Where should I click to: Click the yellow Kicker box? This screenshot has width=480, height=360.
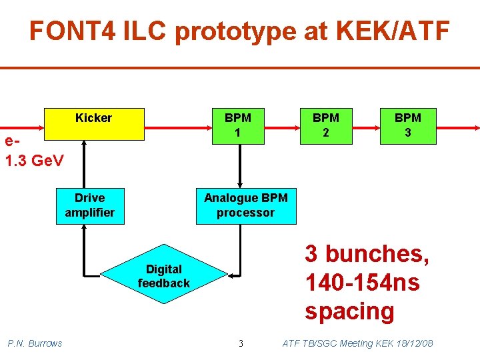point(94,123)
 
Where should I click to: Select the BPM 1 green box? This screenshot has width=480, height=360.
point(238,125)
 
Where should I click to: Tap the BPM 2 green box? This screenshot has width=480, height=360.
point(326,125)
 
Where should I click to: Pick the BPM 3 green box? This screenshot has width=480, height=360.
point(407,125)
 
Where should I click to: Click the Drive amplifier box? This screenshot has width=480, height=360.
point(90,205)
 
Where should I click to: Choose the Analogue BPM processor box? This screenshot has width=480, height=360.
point(246,205)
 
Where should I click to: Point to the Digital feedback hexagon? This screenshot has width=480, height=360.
point(164,276)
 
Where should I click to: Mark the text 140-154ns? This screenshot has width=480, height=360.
point(362,283)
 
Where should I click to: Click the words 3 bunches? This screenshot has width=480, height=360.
point(367,254)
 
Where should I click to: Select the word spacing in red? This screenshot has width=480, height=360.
point(349,311)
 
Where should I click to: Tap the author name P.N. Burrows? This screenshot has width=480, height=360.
point(35,343)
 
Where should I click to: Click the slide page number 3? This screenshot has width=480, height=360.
point(241,343)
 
